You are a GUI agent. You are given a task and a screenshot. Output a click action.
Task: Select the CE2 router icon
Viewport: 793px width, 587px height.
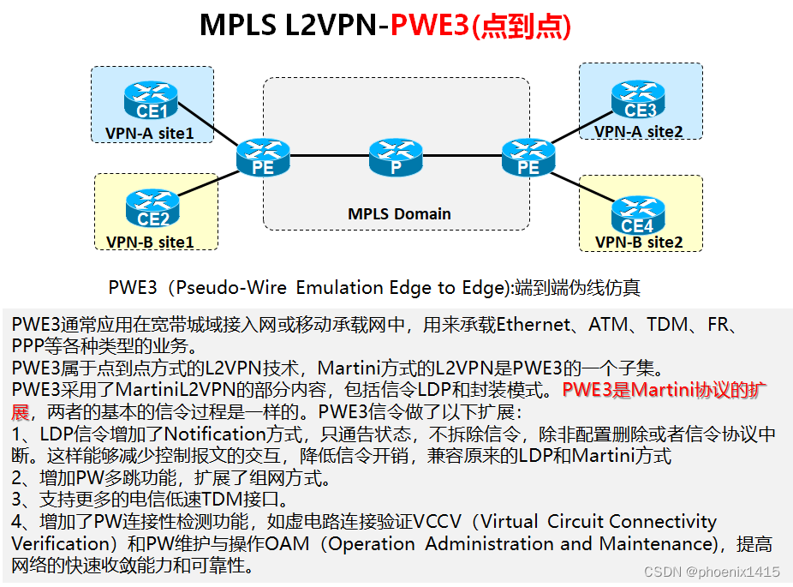[152, 209]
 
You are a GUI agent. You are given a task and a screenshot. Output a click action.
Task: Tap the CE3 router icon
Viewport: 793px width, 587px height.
[639, 100]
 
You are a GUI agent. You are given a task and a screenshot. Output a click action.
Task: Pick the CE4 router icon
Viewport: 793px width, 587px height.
[638, 215]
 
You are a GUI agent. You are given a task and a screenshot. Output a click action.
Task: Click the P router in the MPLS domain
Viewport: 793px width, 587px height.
[396, 158]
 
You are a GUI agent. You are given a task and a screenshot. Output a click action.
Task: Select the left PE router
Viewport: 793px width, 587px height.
[263, 158]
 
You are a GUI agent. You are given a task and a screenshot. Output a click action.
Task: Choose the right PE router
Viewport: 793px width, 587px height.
[528, 158]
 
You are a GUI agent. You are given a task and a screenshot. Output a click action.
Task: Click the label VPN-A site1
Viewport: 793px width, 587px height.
[149, 133]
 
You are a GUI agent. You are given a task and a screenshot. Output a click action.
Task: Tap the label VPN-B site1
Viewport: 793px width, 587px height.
[150, 242]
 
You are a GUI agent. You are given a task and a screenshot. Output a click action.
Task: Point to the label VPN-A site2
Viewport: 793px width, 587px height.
[639, 131]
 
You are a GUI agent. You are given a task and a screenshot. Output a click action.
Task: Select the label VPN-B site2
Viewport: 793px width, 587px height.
[639, 243]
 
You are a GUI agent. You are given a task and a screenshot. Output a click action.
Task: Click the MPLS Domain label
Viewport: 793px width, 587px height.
[399, 213]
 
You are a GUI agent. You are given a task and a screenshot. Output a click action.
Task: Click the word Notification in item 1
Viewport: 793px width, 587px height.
[216, 434]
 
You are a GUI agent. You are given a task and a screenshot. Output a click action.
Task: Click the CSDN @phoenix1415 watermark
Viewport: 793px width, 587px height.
[711, 572]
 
